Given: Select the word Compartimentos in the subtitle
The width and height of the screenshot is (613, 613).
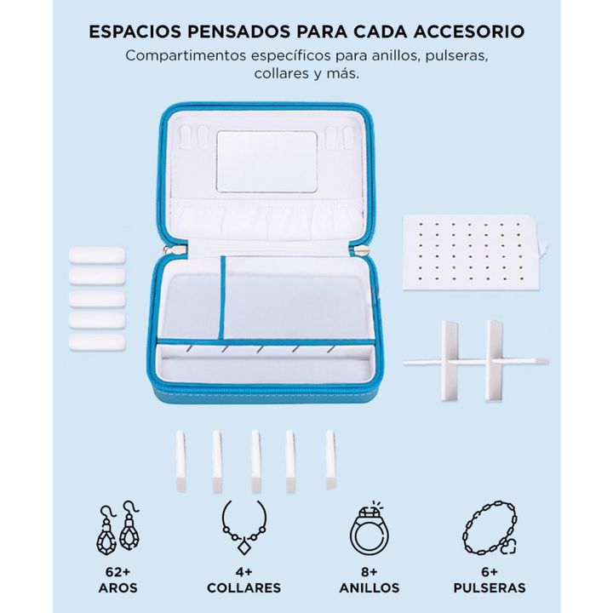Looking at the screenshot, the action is click(186, 55).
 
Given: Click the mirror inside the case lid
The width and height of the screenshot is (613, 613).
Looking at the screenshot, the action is click(266, 162).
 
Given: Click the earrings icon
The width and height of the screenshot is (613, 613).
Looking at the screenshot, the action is click(117, 527).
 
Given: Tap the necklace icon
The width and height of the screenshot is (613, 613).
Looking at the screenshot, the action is click(244, 527).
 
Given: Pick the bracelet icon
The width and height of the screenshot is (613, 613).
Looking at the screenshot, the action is click(490, 527).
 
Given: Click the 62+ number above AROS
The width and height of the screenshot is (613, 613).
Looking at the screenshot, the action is click(117, 572).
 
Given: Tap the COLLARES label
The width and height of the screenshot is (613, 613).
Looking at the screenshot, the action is click(244, 588).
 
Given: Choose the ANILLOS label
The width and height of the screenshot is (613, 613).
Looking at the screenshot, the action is click(370, 588).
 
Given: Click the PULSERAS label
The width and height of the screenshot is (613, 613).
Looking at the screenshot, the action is click(490, 588).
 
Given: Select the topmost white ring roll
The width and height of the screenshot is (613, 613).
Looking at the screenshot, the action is click(97, 255).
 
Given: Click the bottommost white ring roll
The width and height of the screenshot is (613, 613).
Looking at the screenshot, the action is click(97, 343).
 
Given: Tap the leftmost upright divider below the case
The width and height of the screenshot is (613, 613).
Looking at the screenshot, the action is click(180, 461).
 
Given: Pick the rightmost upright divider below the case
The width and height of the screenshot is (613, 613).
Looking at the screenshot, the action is click(330, 460).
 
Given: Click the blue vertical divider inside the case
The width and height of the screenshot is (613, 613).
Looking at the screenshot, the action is click(222, 297).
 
